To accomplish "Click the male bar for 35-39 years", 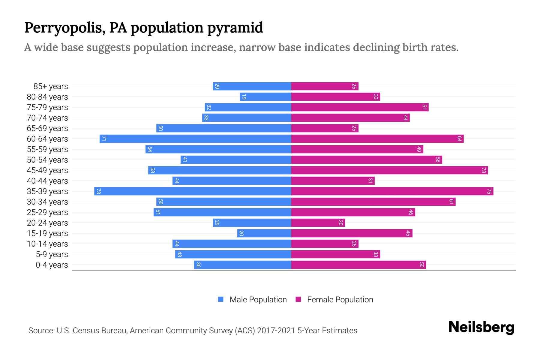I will [193, 191].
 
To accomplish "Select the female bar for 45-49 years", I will [389, 170].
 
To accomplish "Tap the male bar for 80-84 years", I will [265, 97].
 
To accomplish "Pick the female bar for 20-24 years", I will [318, 223].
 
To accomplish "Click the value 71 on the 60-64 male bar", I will [104, 139].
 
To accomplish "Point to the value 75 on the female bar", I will [489, 191].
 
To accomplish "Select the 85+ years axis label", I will [50, 86].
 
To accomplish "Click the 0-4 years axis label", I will [52, 265].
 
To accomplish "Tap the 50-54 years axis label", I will [47, 160].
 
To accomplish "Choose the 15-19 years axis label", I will [47, 233].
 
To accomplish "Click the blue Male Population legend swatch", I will [221, 299].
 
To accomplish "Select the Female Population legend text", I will [340, 300].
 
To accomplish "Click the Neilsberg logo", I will [481, 327].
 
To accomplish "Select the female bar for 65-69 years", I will [325, 128].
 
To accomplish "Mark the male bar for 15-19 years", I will [264, 233].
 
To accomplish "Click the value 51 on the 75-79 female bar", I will [424, 107].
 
